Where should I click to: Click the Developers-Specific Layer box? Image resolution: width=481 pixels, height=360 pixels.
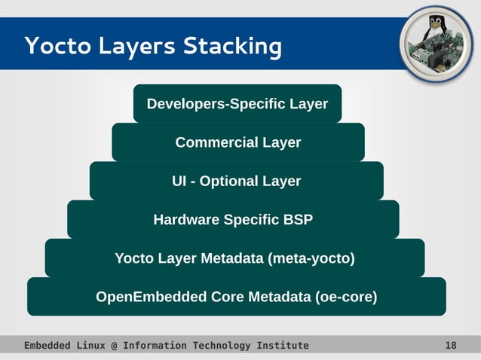[237, 104]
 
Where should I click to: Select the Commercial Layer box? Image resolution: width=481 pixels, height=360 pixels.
[237, 142]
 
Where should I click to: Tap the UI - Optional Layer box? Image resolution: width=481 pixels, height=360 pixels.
[236, 182]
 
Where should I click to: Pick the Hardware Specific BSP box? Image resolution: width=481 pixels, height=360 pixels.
[233, 220]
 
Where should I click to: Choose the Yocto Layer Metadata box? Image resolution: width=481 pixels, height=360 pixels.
[234, 258]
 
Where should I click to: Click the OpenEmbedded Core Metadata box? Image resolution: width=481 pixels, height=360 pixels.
[236, 297]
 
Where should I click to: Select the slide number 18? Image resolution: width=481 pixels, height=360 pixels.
[451, 346]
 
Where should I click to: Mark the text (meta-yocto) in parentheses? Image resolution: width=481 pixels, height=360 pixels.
[311, 258]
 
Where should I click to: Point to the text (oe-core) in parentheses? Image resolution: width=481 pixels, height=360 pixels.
[346, 297]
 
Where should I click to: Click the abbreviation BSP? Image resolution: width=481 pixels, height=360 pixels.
[298, 220]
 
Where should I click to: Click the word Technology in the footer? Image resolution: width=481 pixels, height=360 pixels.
[220, 346]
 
